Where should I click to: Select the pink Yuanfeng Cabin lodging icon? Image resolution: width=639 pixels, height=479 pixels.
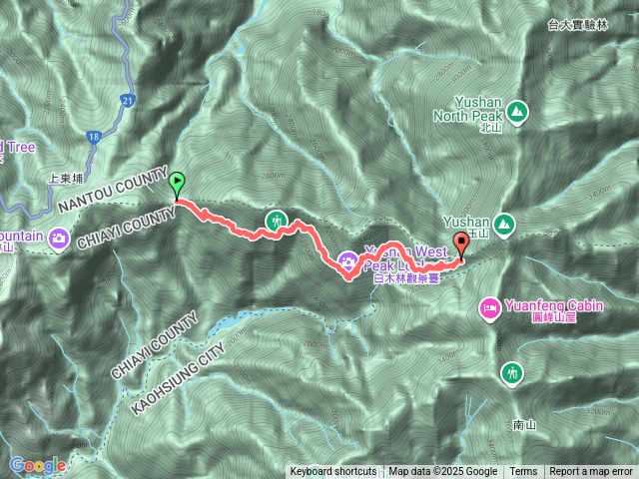click(490, 309)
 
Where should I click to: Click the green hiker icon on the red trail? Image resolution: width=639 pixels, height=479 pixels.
click(275, 221)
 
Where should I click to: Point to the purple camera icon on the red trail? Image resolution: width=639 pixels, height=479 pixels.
click(347, 261)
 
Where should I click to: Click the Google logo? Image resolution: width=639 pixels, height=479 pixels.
click(38, 465)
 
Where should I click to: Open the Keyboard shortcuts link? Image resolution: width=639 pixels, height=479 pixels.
click(333, 471)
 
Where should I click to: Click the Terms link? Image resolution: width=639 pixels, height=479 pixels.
click(523, 471)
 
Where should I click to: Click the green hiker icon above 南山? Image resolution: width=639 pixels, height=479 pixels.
click(512, 372)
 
